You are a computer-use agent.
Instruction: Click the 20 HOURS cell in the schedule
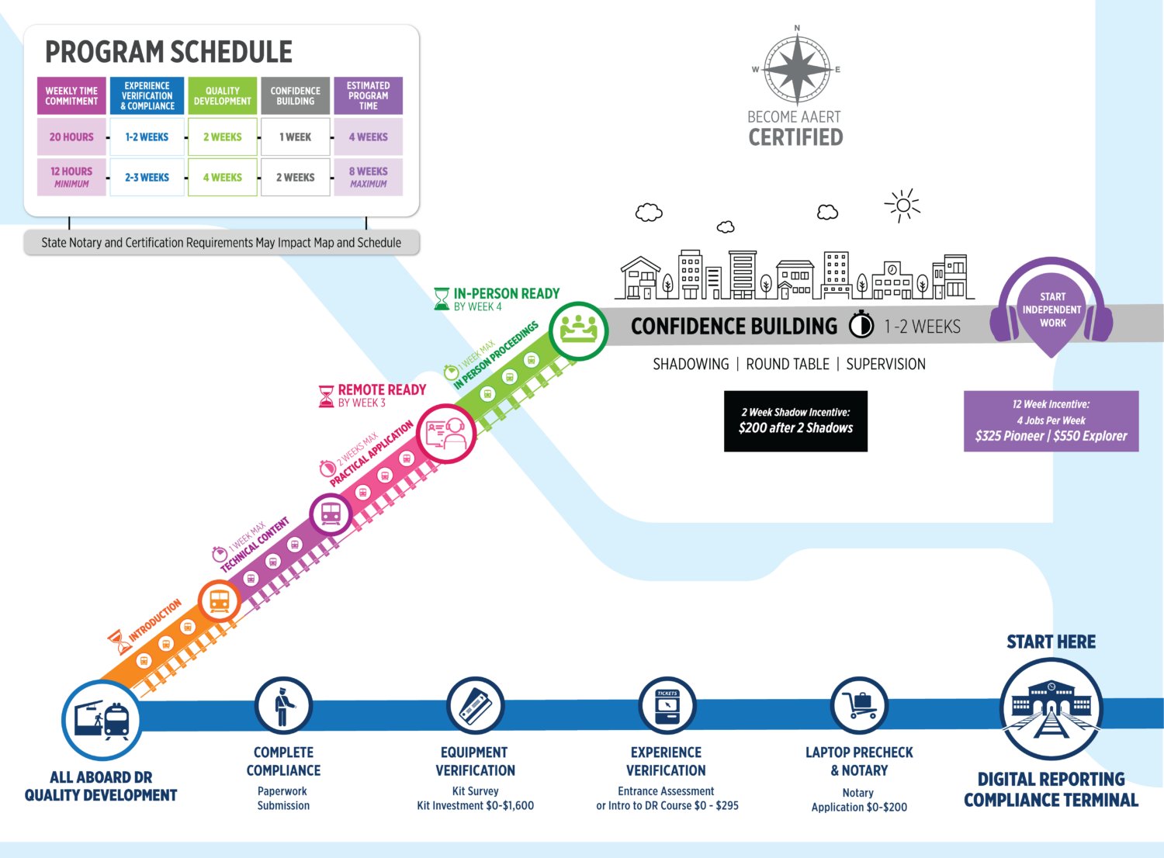(71, 137)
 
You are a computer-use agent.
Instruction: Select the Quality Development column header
(222, 96)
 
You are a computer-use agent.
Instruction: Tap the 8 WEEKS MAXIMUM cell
(368, 178)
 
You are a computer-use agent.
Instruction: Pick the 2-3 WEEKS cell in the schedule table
(147, 178)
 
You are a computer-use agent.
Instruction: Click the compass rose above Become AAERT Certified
(797, 68)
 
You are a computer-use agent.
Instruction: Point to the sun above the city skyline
(902, 206)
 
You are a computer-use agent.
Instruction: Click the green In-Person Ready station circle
(579, 330)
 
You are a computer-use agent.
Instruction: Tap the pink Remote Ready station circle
(446, 434)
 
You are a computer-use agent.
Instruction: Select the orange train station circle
(220, 600)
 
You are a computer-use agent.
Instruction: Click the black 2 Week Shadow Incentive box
(795, 420)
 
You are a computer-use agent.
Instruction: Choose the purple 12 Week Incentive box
(1051, 420)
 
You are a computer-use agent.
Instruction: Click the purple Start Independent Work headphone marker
(1051, 310)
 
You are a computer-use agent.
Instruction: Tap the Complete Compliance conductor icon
(283, 705)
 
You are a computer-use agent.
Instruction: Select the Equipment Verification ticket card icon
(475, 705)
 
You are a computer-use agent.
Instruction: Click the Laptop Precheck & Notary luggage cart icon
(859, 705)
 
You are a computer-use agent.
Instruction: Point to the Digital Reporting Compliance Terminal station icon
(1051, 709)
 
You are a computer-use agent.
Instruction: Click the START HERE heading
(1051, 642)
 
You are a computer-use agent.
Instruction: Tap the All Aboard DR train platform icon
(102, 720)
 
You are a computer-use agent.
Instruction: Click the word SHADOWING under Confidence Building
(691, 364)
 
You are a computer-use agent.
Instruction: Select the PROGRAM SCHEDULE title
(168, 52)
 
